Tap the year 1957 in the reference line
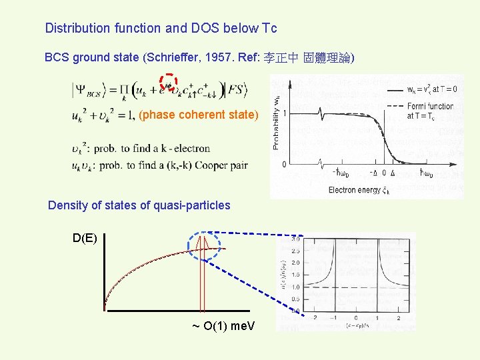(x=214, y=58)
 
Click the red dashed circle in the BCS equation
(x=169, y=83)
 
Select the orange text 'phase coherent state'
(x=198, y=115)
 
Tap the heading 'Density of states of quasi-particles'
(x=139, y=205)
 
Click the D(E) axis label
(x=85, y=238)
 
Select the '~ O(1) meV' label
(x=227, y=326)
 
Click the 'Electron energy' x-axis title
(x=354, y=190)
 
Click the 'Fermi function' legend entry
(x=429, y=106)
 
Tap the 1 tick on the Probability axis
(x=285, y=113)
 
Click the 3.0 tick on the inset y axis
(x=295, y=239)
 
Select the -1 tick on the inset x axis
(x=334, y=317)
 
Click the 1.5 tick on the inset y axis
(x=295, y=275)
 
